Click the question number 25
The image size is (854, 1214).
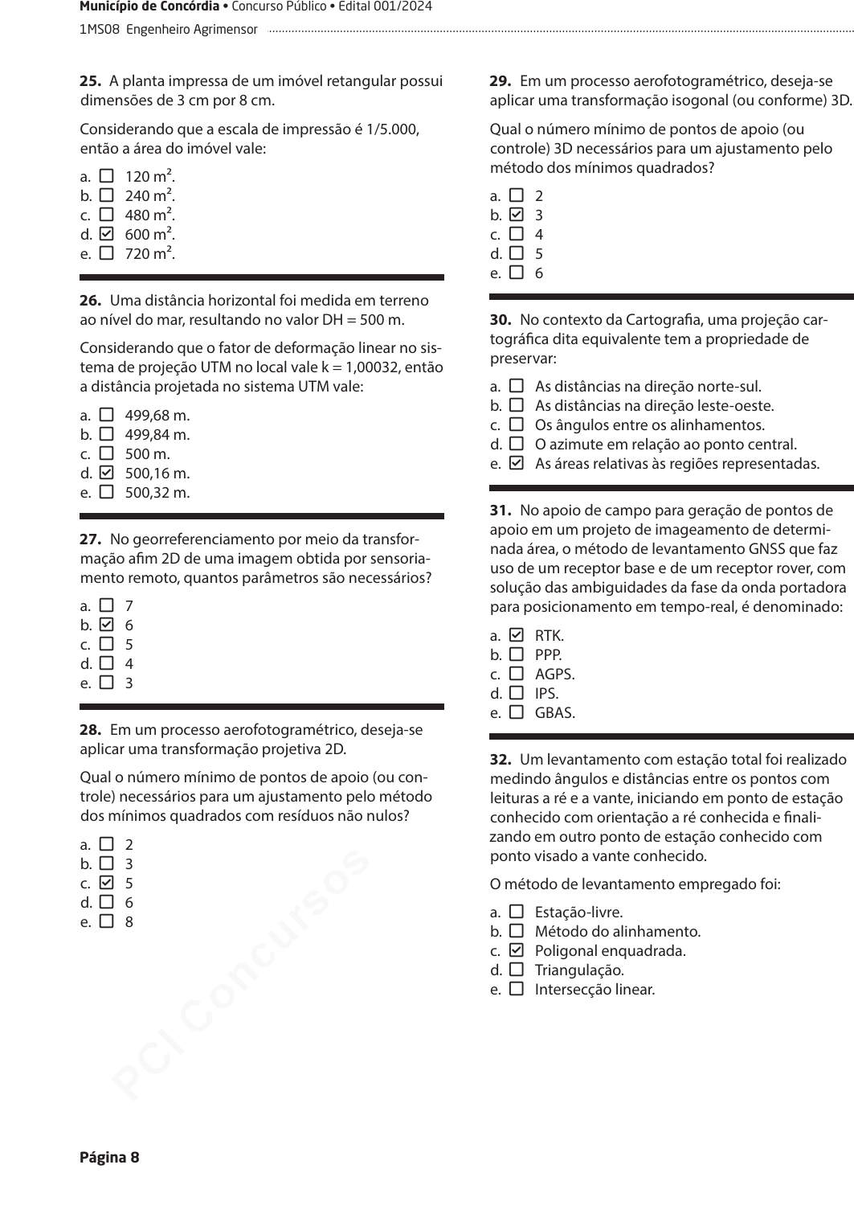pyautogui.click(x=90, y=81)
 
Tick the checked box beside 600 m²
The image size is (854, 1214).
pyautogui.click(x=106, y=235)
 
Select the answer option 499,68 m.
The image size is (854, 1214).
pyautogui.click(x=157, y=416)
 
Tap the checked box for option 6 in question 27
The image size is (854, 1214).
pyautogui.click(x=106, y=625)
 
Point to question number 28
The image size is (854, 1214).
pyautogui.click(x=90, y=730)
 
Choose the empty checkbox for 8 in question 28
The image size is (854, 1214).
pyautogui.click(x=106, y=922)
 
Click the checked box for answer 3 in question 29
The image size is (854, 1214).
pyautogui.click(x=517, y=215)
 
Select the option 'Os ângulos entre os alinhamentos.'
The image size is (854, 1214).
pyautogui.click(x=649, y=425)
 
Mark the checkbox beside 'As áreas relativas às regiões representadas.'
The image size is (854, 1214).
pyautogui.click(x=517, y=464)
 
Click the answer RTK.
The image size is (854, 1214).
pyautogui.click(x=550, y=636)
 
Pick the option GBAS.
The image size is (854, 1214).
pyautogui.click(x=555, y=713)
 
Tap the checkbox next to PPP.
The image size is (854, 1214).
pyautogui.click(x=517, y=655)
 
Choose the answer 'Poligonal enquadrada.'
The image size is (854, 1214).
pyautogui.click(x=610, y=951)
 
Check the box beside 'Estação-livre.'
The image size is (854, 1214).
pyautogui.click(x=517, y=913)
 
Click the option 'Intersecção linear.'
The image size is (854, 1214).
pyautogui.click(x=595, y=990)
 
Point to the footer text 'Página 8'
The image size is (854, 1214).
pyautogui.click(x=109, y=1158)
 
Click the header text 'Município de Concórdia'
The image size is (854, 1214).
pyautogui.click(x=149, y=7)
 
